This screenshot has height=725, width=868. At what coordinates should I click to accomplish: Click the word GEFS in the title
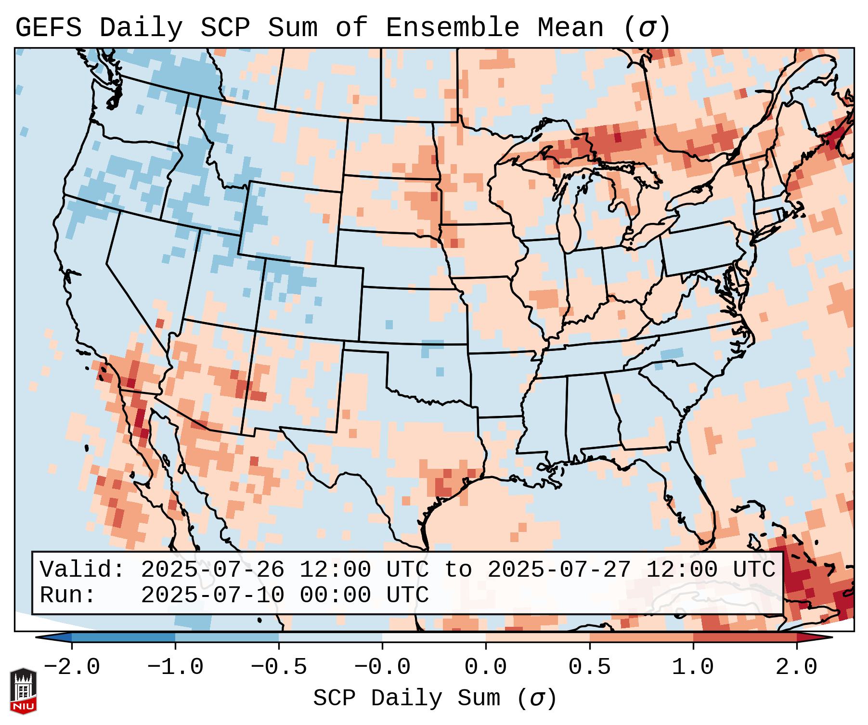coord(48,28)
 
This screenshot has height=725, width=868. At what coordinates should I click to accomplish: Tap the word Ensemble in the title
coord(452,28)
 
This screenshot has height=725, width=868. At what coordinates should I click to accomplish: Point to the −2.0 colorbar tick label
coord(72,667)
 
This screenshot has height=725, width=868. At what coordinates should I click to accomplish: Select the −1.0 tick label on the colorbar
coord(175,667)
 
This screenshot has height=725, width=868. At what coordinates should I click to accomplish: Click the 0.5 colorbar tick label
coord(589,667)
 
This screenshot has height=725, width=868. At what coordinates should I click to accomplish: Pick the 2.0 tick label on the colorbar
coord(797,667)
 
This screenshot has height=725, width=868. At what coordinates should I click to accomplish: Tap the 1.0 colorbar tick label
coord(693,667)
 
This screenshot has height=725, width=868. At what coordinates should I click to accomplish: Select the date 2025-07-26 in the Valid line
coord(212,570)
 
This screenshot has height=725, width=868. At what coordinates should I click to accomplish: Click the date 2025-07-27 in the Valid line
coord(559,570)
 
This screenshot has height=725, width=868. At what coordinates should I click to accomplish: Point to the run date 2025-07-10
coord(212,596)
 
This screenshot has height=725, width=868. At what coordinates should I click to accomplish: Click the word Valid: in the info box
coord(82,570)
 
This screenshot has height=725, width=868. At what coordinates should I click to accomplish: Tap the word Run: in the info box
coord(68,596)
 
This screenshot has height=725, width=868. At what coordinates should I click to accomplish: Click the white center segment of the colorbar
coord(434,637)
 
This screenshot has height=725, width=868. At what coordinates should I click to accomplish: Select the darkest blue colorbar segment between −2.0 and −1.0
coord(123,637)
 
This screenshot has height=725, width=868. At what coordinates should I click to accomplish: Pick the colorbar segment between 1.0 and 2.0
coord(745,637)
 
